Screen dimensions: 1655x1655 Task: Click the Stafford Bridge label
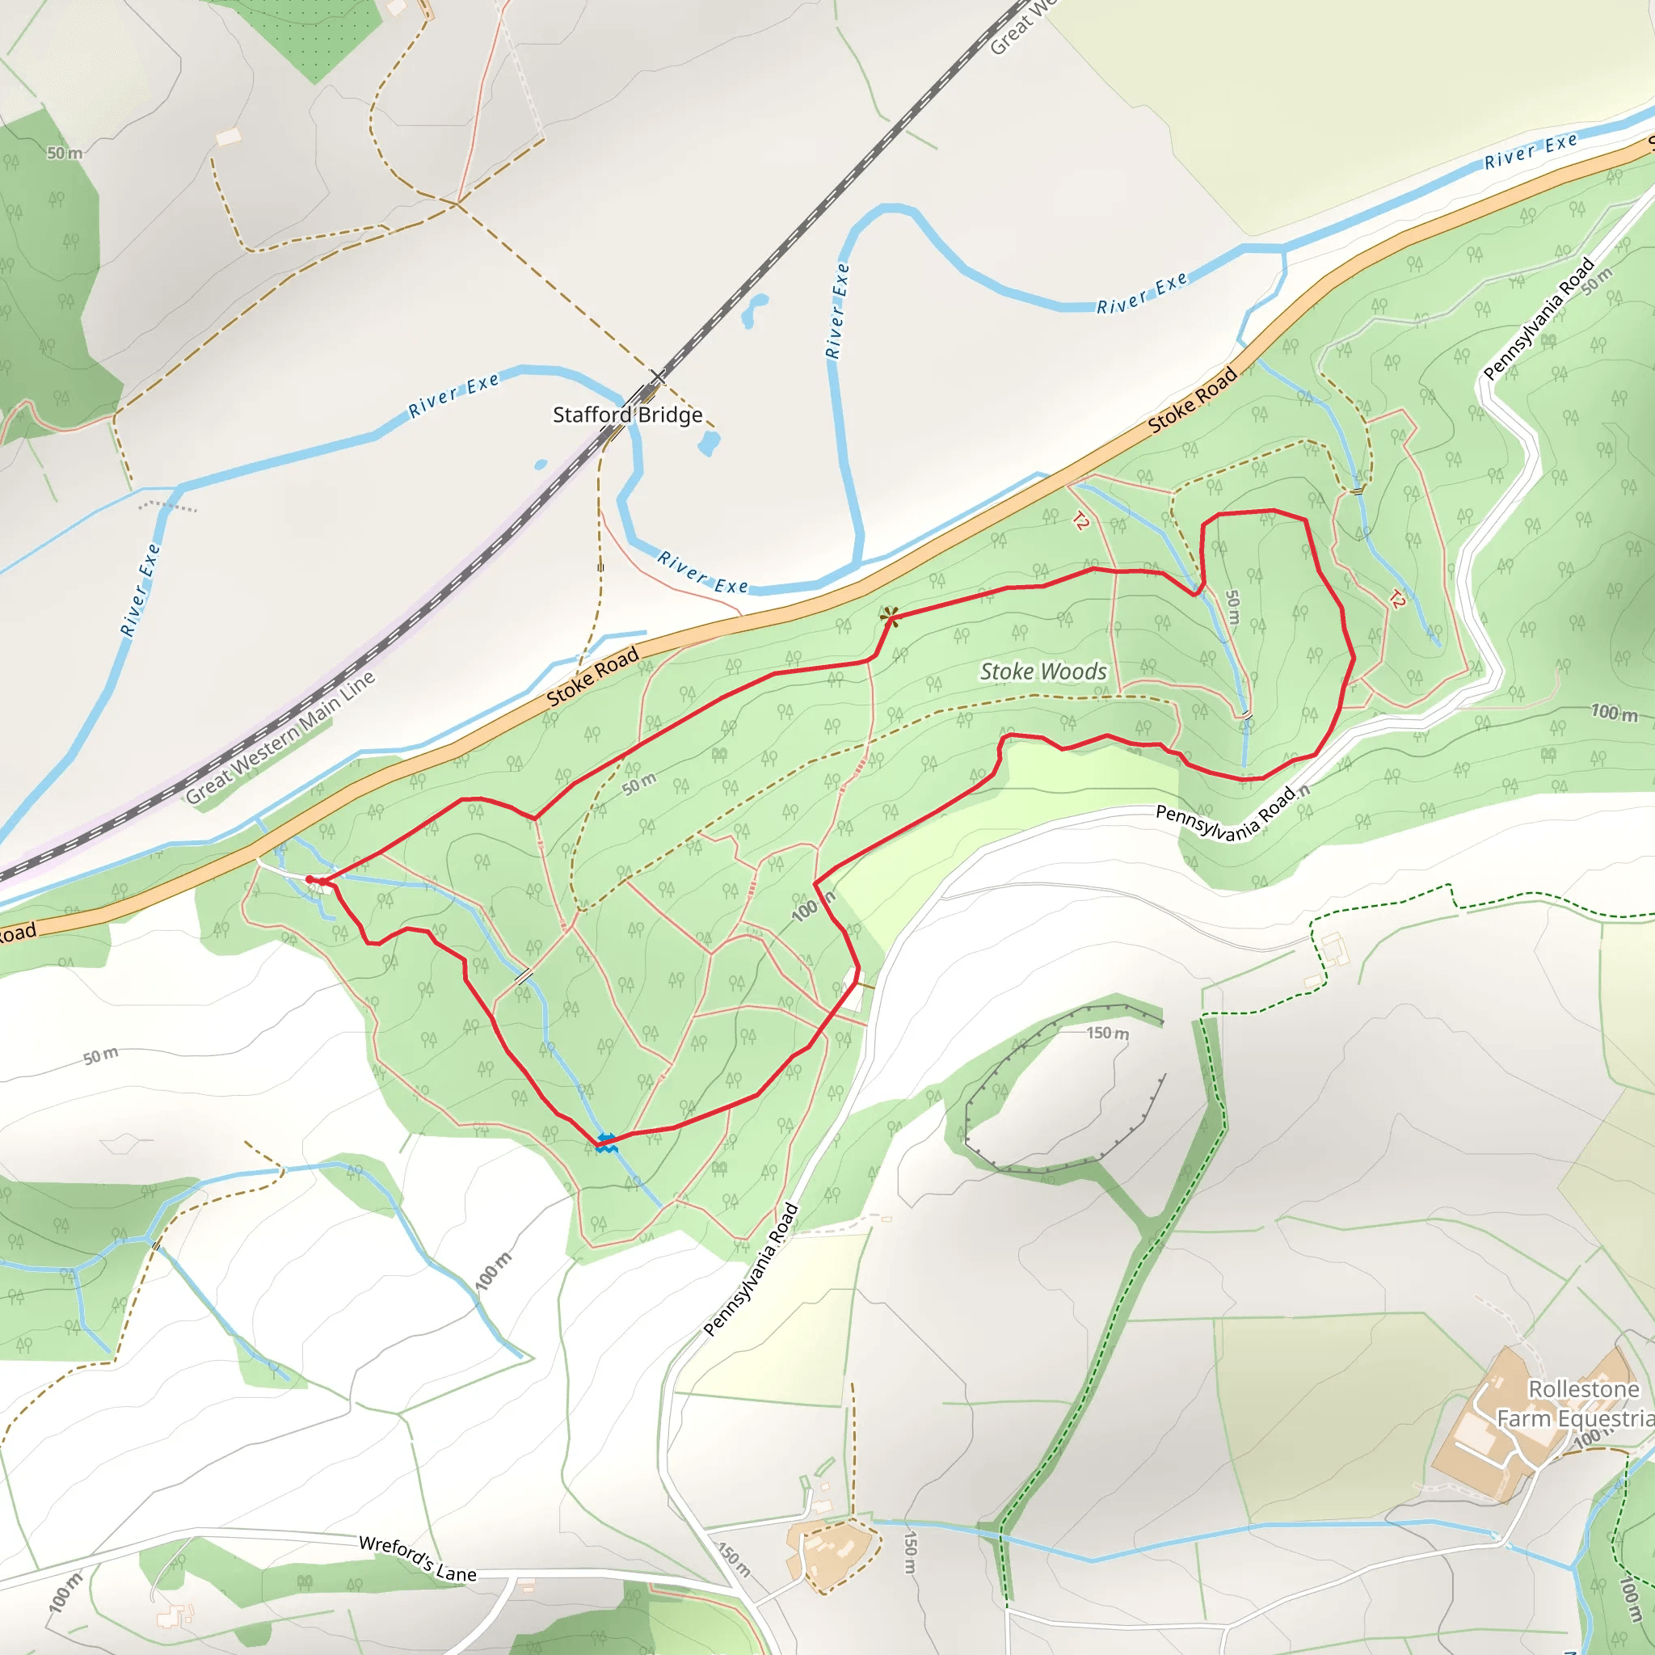[x=627, y=415]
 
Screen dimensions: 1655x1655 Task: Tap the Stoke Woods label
[x=1042, y=672]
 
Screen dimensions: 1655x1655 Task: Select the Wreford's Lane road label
[x=417, y=1558]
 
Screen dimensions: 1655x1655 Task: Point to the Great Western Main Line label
[x=280, y=738]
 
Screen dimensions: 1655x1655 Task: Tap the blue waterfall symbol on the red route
[x=607, y=1142]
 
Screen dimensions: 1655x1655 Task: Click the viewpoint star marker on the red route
[x=890, y=615]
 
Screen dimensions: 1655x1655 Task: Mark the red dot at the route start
[x=310, y=879]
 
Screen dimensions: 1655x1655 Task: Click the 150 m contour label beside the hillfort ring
[x=1107, y=1033]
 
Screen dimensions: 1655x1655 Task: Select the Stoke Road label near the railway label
[x=593, y=676]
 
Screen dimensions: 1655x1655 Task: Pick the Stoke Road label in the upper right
[x=1193, y=399]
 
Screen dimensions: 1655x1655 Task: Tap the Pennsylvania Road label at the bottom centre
[x=751, y=1270]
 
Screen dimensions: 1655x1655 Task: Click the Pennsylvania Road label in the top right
[x=1538, y=318]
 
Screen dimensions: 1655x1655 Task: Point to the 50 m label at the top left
[x=65, y=154]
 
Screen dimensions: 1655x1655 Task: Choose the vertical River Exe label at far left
[x=141, y=589]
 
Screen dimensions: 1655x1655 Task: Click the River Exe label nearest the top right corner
[x=1531, y=151]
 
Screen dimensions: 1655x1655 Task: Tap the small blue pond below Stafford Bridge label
[x=709, y=443]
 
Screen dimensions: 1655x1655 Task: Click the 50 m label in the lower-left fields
[x=101, y=1056]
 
